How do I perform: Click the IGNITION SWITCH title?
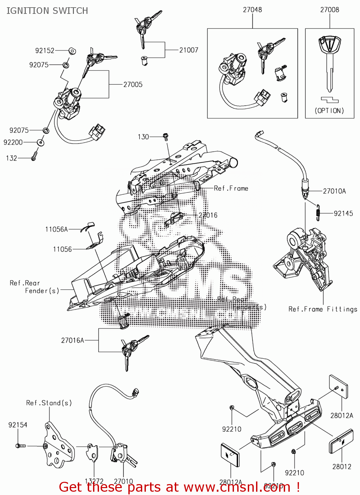click(x=47, y=11)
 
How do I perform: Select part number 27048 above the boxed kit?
click(x=252, y=10)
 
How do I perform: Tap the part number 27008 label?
click(x=329, y=10)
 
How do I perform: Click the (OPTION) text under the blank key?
click(x=329, y=111)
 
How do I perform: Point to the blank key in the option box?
click(x=329, y=63)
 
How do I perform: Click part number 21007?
click(x=189, y=50)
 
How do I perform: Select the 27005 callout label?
click(x=133, y=84)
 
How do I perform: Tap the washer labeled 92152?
click(x=72, y=51)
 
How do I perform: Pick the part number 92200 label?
click(x=13, y=142)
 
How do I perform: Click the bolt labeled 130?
click(x=166, y=136)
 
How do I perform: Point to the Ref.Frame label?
click(x=231, y=188)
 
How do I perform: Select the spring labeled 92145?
click(x=318, y=213)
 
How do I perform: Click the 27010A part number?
click(x=334, y=191)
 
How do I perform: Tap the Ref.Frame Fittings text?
click(x=323, y=309)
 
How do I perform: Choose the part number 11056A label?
click(x=56, y=229)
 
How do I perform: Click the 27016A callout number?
click(x=73, y=340)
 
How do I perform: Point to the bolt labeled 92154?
click(x=20, y=446)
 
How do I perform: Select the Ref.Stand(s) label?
click(x=49, y=403)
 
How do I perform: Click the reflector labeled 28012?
click(x=338, y=441)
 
